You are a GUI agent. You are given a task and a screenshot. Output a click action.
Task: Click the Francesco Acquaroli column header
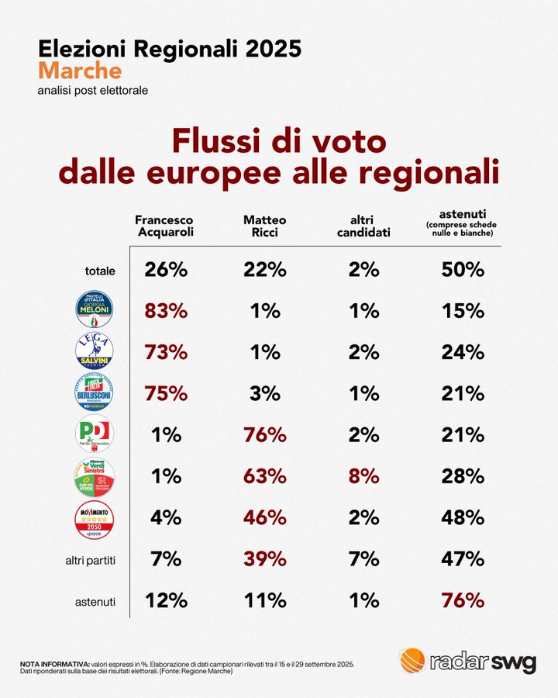point(164,225)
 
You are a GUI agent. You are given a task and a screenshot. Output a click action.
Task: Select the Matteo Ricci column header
point(265,225)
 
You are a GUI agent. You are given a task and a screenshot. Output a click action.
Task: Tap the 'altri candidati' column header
point(363,225)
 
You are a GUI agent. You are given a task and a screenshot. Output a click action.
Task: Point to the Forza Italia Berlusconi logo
point(94,393)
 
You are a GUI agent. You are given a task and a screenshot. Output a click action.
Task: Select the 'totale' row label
point(100,271)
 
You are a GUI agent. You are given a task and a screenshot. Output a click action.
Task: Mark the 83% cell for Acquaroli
point(165,311)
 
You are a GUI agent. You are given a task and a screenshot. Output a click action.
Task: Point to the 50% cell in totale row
point(463,270)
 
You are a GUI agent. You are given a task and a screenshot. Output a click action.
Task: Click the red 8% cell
point(363,476)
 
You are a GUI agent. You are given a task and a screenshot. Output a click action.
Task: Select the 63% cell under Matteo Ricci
point(265,476)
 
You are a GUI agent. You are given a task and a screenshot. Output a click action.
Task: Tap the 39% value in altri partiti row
point(265,559)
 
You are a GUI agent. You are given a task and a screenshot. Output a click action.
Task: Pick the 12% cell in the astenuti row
point(165,600)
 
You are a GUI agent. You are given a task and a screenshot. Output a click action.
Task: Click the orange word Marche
point(80,71)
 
